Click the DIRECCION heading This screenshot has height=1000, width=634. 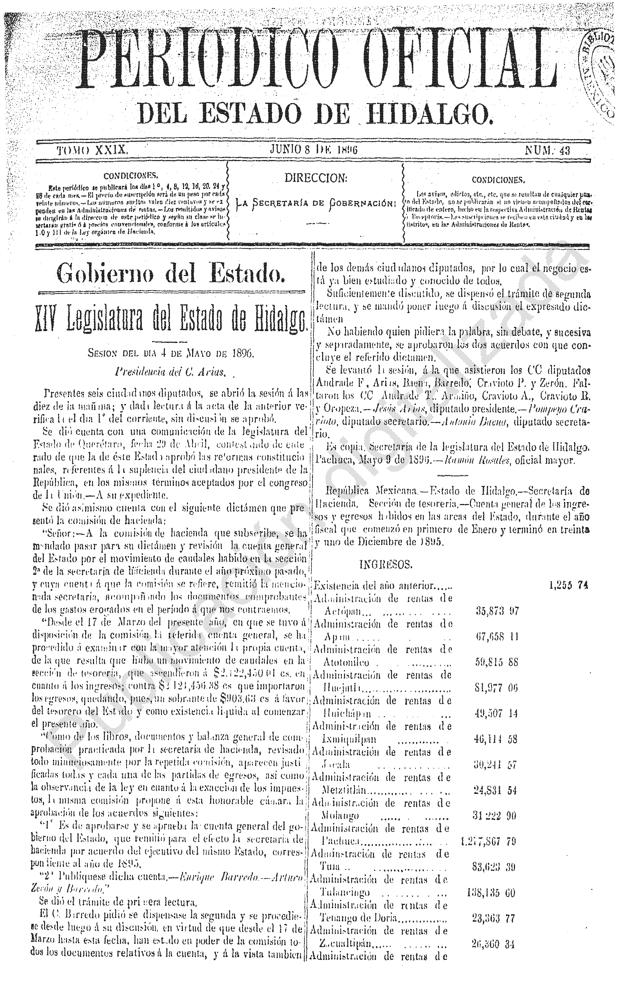(x=315, y=178)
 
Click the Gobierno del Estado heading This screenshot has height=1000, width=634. (x=171, y=273)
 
